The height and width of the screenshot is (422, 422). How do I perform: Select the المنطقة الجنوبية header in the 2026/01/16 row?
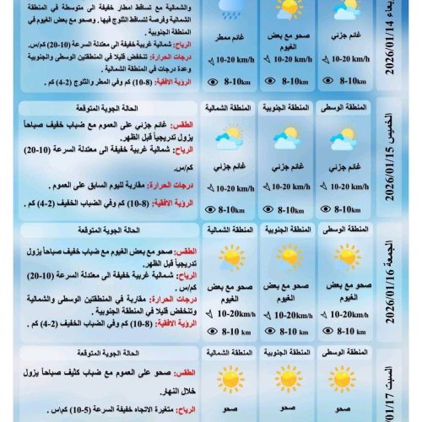pyautogui.click(x=287, y=230)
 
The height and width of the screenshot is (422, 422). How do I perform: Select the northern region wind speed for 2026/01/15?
pyautogui.click(x=229, y=186)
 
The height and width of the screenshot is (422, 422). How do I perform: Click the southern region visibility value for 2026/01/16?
pyautogui.click(x=287, y=333)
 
